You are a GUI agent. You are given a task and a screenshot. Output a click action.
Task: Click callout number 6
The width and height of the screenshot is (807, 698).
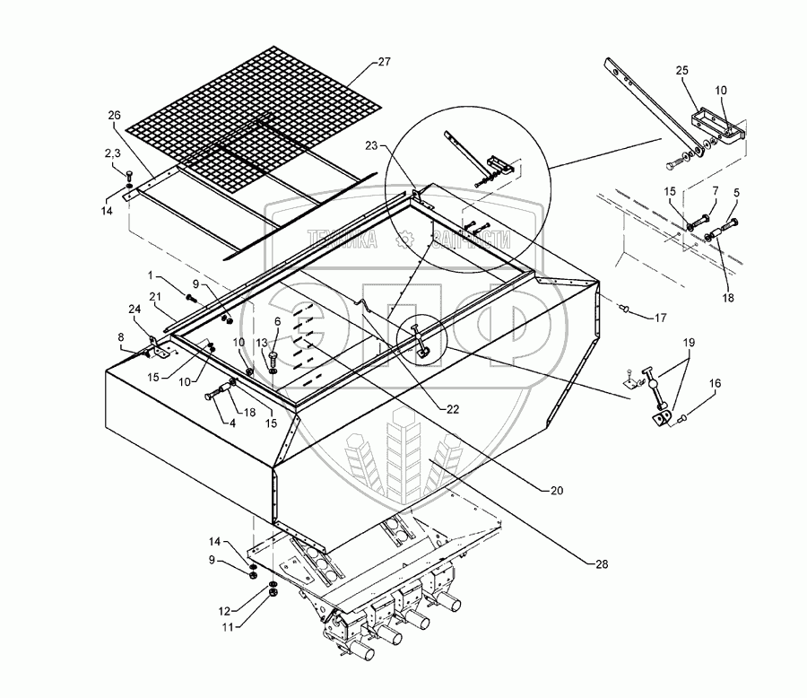coord(277,321)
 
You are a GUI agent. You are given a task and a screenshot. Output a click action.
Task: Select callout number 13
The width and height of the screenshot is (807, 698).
coord(263,343)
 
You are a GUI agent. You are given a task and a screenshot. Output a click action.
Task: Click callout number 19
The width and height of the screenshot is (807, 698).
coord(689,342)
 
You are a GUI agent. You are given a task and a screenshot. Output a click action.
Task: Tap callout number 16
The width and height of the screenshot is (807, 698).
coord(715,382)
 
